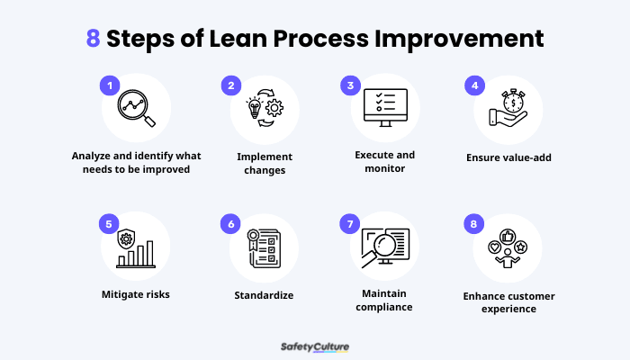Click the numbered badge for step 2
point(231,85)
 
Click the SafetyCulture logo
point(315,346)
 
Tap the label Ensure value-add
point(508,157)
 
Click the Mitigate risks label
point(137,293)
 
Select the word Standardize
point(263,293)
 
